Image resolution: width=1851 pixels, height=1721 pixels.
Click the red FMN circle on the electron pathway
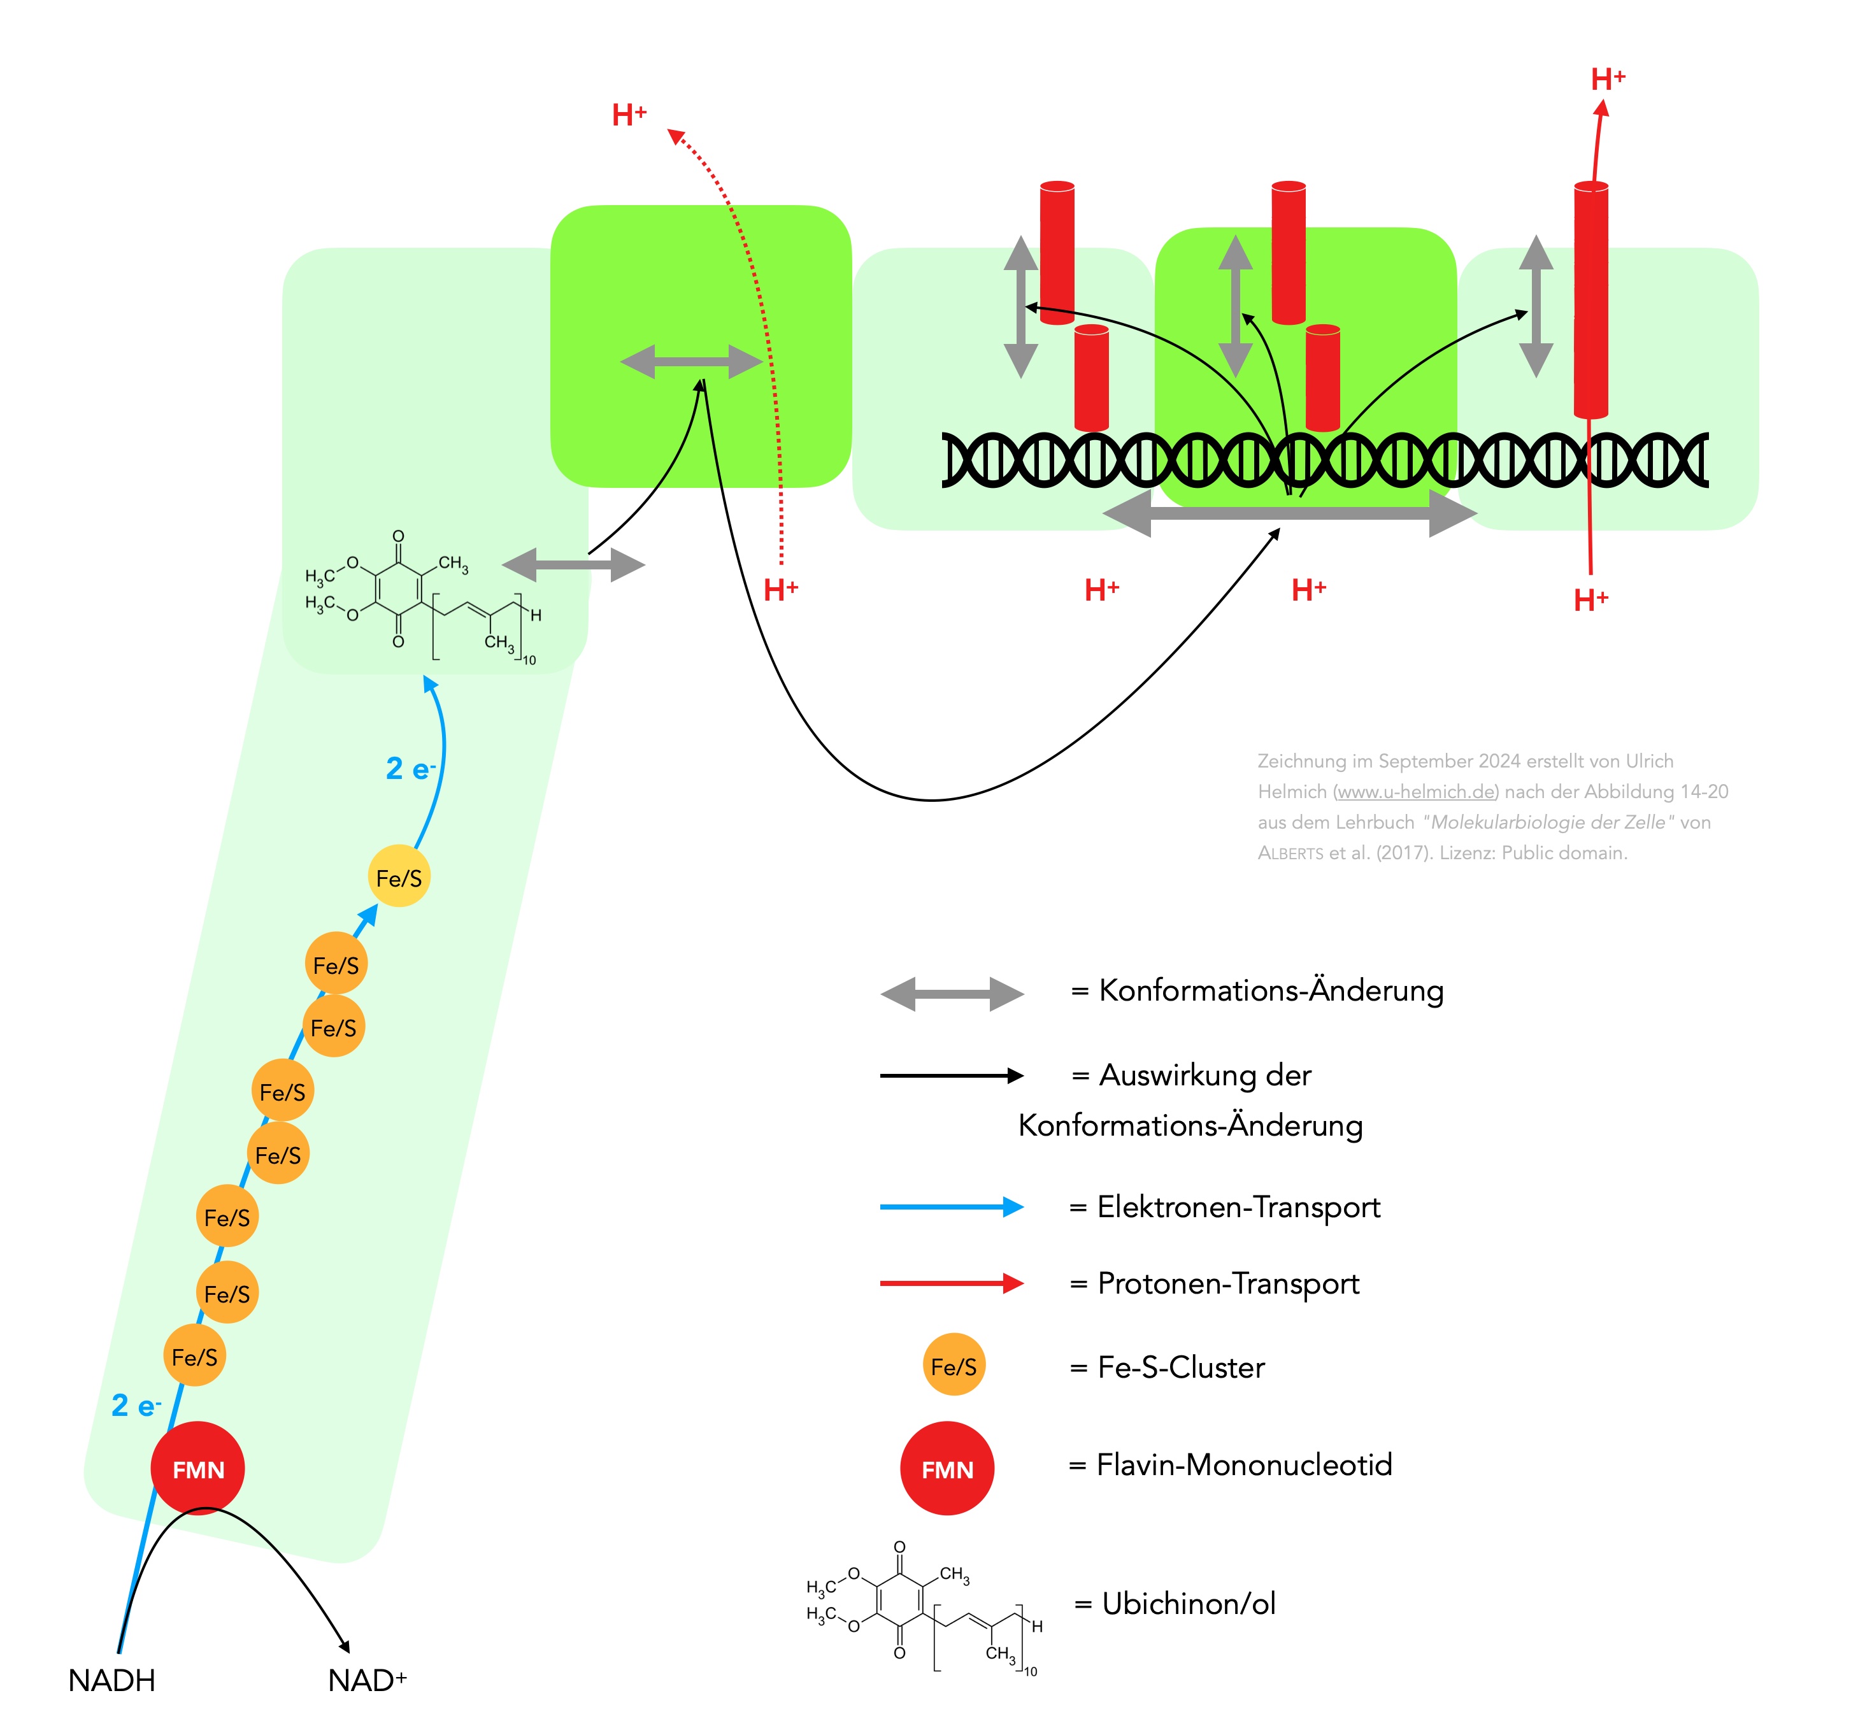(x=197, y=1469)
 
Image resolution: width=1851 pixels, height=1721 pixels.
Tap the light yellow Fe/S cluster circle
(x=399, y=877)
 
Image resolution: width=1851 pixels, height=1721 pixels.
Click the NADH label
(x=111, y=1681)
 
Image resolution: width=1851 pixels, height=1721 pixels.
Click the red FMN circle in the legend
(x=947, y=1469)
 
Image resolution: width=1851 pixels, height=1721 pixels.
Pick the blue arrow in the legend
(x=952, y=1207)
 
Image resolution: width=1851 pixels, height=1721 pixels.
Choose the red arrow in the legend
(x=952, y=1283)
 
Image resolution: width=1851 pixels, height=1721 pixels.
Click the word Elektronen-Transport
(x=1238, y=1207)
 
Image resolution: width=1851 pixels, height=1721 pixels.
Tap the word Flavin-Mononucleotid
(x=1244, y=1465)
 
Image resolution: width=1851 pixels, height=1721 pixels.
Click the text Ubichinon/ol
(x=1188, y=1604)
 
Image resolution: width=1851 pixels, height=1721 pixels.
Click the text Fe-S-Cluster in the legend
(x=1181, y=1367)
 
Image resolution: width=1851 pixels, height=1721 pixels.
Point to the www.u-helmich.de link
(x=1416, y=792)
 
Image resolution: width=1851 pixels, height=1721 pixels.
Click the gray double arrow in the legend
(x=952, y=994)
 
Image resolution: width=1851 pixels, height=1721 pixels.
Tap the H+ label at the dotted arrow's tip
(x=629, y=115)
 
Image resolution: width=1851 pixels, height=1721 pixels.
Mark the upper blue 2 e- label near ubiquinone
(x=410, y=769)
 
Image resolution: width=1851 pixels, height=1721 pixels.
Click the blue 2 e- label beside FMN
(x=136, y=1405)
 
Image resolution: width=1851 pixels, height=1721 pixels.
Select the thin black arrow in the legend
(x=952, y=1076)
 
